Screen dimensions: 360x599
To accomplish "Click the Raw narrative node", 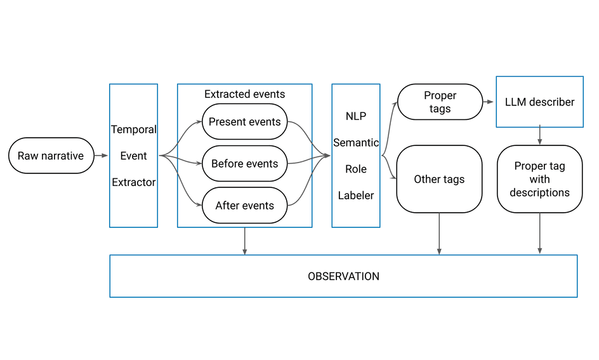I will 51,156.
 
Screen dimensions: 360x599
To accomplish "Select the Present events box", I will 244,121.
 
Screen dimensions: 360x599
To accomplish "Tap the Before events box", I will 244,164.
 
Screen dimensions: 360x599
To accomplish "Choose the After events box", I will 244,206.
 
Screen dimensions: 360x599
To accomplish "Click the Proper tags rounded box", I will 440,102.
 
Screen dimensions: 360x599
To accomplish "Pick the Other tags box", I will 439,179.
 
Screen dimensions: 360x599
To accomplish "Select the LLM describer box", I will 539,102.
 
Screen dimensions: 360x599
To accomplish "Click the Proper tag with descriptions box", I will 539,179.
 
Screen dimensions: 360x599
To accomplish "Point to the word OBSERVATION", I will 343,276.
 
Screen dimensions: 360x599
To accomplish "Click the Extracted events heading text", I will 244,94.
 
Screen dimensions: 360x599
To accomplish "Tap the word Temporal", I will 133,130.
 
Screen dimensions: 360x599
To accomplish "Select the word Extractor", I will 133,182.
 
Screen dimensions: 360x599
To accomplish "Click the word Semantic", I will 356,143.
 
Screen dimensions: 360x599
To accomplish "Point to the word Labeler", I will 356,196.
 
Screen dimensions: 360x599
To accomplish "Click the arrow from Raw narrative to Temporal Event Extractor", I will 101,156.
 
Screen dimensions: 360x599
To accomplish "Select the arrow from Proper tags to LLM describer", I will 489,102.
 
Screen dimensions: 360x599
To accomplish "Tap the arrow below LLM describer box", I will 539,135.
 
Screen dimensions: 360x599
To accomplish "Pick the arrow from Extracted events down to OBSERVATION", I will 244,241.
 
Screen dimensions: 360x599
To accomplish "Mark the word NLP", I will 356,116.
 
